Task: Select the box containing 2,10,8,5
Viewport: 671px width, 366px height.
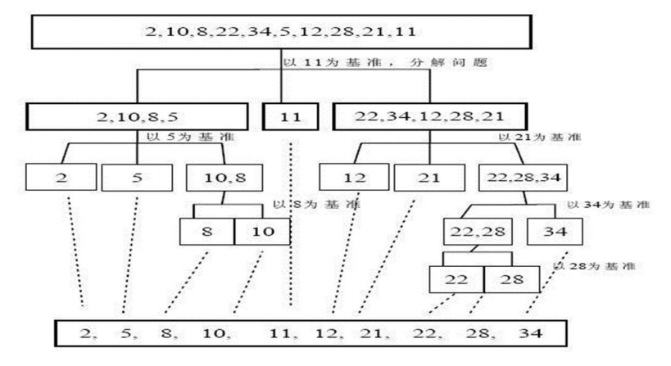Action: tap(137, 117)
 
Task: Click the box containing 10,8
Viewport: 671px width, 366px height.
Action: tap(217, 176)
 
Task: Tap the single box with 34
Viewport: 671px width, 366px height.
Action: tap(554, 232)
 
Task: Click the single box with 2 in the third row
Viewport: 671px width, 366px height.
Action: tap(61, 176)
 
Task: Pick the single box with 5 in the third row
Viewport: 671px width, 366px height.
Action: tap(136, 176)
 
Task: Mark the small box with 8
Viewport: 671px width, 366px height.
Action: tap(206, 232)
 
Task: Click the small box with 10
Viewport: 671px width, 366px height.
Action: tap(261, 232)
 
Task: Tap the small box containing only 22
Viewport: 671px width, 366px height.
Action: tap(456, 280)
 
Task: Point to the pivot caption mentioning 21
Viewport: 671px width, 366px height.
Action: tap(541, 137)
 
